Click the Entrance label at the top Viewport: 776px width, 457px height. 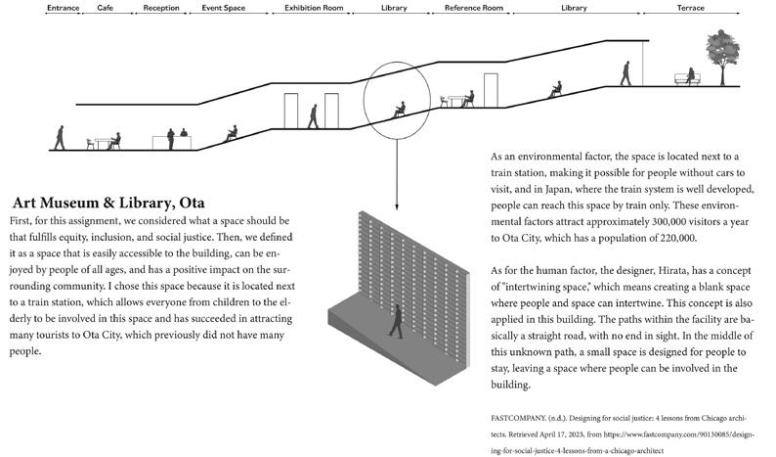point(63,8)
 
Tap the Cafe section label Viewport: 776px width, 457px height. point(107,8)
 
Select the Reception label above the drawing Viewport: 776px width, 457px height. point(160,8)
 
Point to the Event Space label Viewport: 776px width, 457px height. point(223,8)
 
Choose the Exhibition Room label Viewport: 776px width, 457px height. point(314,8)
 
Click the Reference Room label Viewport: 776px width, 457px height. point(473,8)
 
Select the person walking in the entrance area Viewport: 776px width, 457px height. point(60,137)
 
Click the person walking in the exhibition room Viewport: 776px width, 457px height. point(313,115)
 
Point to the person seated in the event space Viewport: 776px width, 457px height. point(232,133)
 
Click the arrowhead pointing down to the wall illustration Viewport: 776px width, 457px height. point(397,206)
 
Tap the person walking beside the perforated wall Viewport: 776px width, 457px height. point(396,321)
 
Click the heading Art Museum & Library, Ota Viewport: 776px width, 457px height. point(108,204)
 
